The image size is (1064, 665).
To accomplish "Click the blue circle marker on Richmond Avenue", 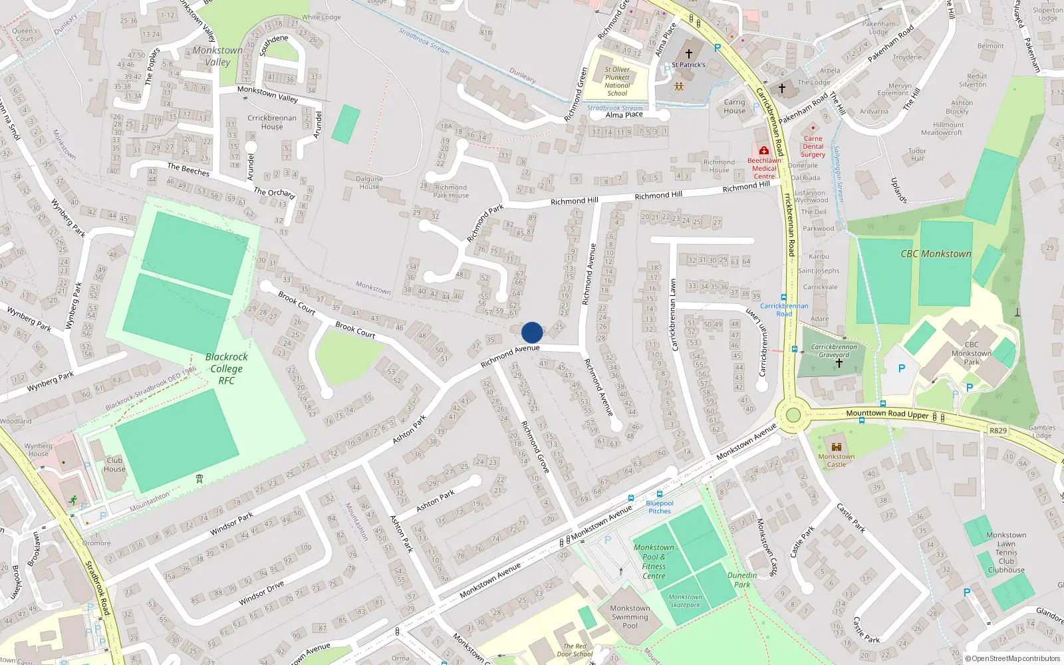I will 532,332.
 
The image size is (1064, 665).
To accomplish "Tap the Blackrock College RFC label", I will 227,368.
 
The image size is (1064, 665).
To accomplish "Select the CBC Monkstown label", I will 936,253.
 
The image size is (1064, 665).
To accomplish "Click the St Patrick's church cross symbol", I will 689,53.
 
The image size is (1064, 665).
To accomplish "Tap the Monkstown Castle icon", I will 837,446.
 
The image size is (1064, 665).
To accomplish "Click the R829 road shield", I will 997,430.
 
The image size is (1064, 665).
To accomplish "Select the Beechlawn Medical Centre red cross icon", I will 764,151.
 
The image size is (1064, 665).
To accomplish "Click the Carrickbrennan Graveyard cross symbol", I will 839,363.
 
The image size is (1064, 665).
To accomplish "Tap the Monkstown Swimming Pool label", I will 630,616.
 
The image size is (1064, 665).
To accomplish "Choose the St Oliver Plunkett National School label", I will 617,81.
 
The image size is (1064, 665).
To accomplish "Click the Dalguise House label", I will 369,182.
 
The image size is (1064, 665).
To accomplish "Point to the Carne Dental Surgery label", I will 813,146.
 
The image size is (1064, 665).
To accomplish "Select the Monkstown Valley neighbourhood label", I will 217,56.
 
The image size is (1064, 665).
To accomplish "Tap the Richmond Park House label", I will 451,192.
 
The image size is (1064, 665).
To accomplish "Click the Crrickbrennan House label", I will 272,122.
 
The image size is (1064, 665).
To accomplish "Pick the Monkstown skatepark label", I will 685,600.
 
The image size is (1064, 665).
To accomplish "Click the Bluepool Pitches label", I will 660,507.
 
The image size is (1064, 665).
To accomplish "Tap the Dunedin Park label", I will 742,580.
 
